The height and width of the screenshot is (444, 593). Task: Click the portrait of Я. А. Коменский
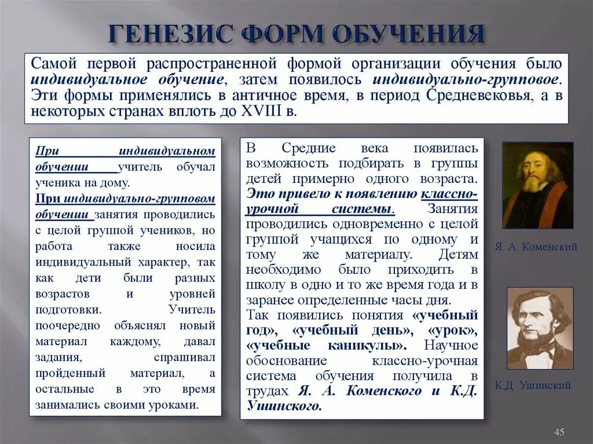pyautogui.click(x=537, y=185)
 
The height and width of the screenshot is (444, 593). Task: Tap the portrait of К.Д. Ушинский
pyautogui.click(x=539, y=328)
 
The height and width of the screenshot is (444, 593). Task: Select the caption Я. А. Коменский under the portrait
pyautogui.click(x=536, y=247)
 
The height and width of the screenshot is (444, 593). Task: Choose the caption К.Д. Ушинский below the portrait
pyautogui.click(x=533, y=385)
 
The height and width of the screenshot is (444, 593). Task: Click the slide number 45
pyautogui.click(x=559, y=431)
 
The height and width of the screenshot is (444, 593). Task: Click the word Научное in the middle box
pyautogui.click(x=452, y=346)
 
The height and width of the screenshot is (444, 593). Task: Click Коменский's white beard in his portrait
pyautogui.click(x=532, y=184)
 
